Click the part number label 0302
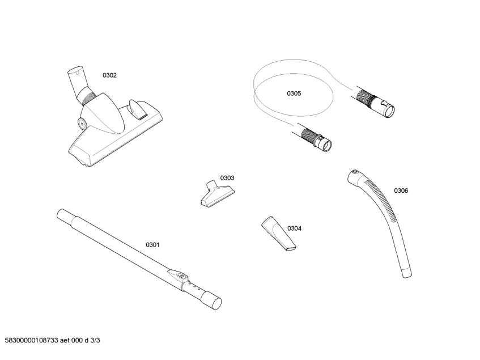109,75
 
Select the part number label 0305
294,94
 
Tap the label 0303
227,178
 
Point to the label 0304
294,228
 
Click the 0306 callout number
401,190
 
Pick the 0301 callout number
152,244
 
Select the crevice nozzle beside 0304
279,234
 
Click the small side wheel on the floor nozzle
82,124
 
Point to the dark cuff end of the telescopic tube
211,300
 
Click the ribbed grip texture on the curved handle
382,198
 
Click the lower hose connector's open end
326,145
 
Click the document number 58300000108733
32,340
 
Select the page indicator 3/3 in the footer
95,340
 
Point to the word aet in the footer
65,340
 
